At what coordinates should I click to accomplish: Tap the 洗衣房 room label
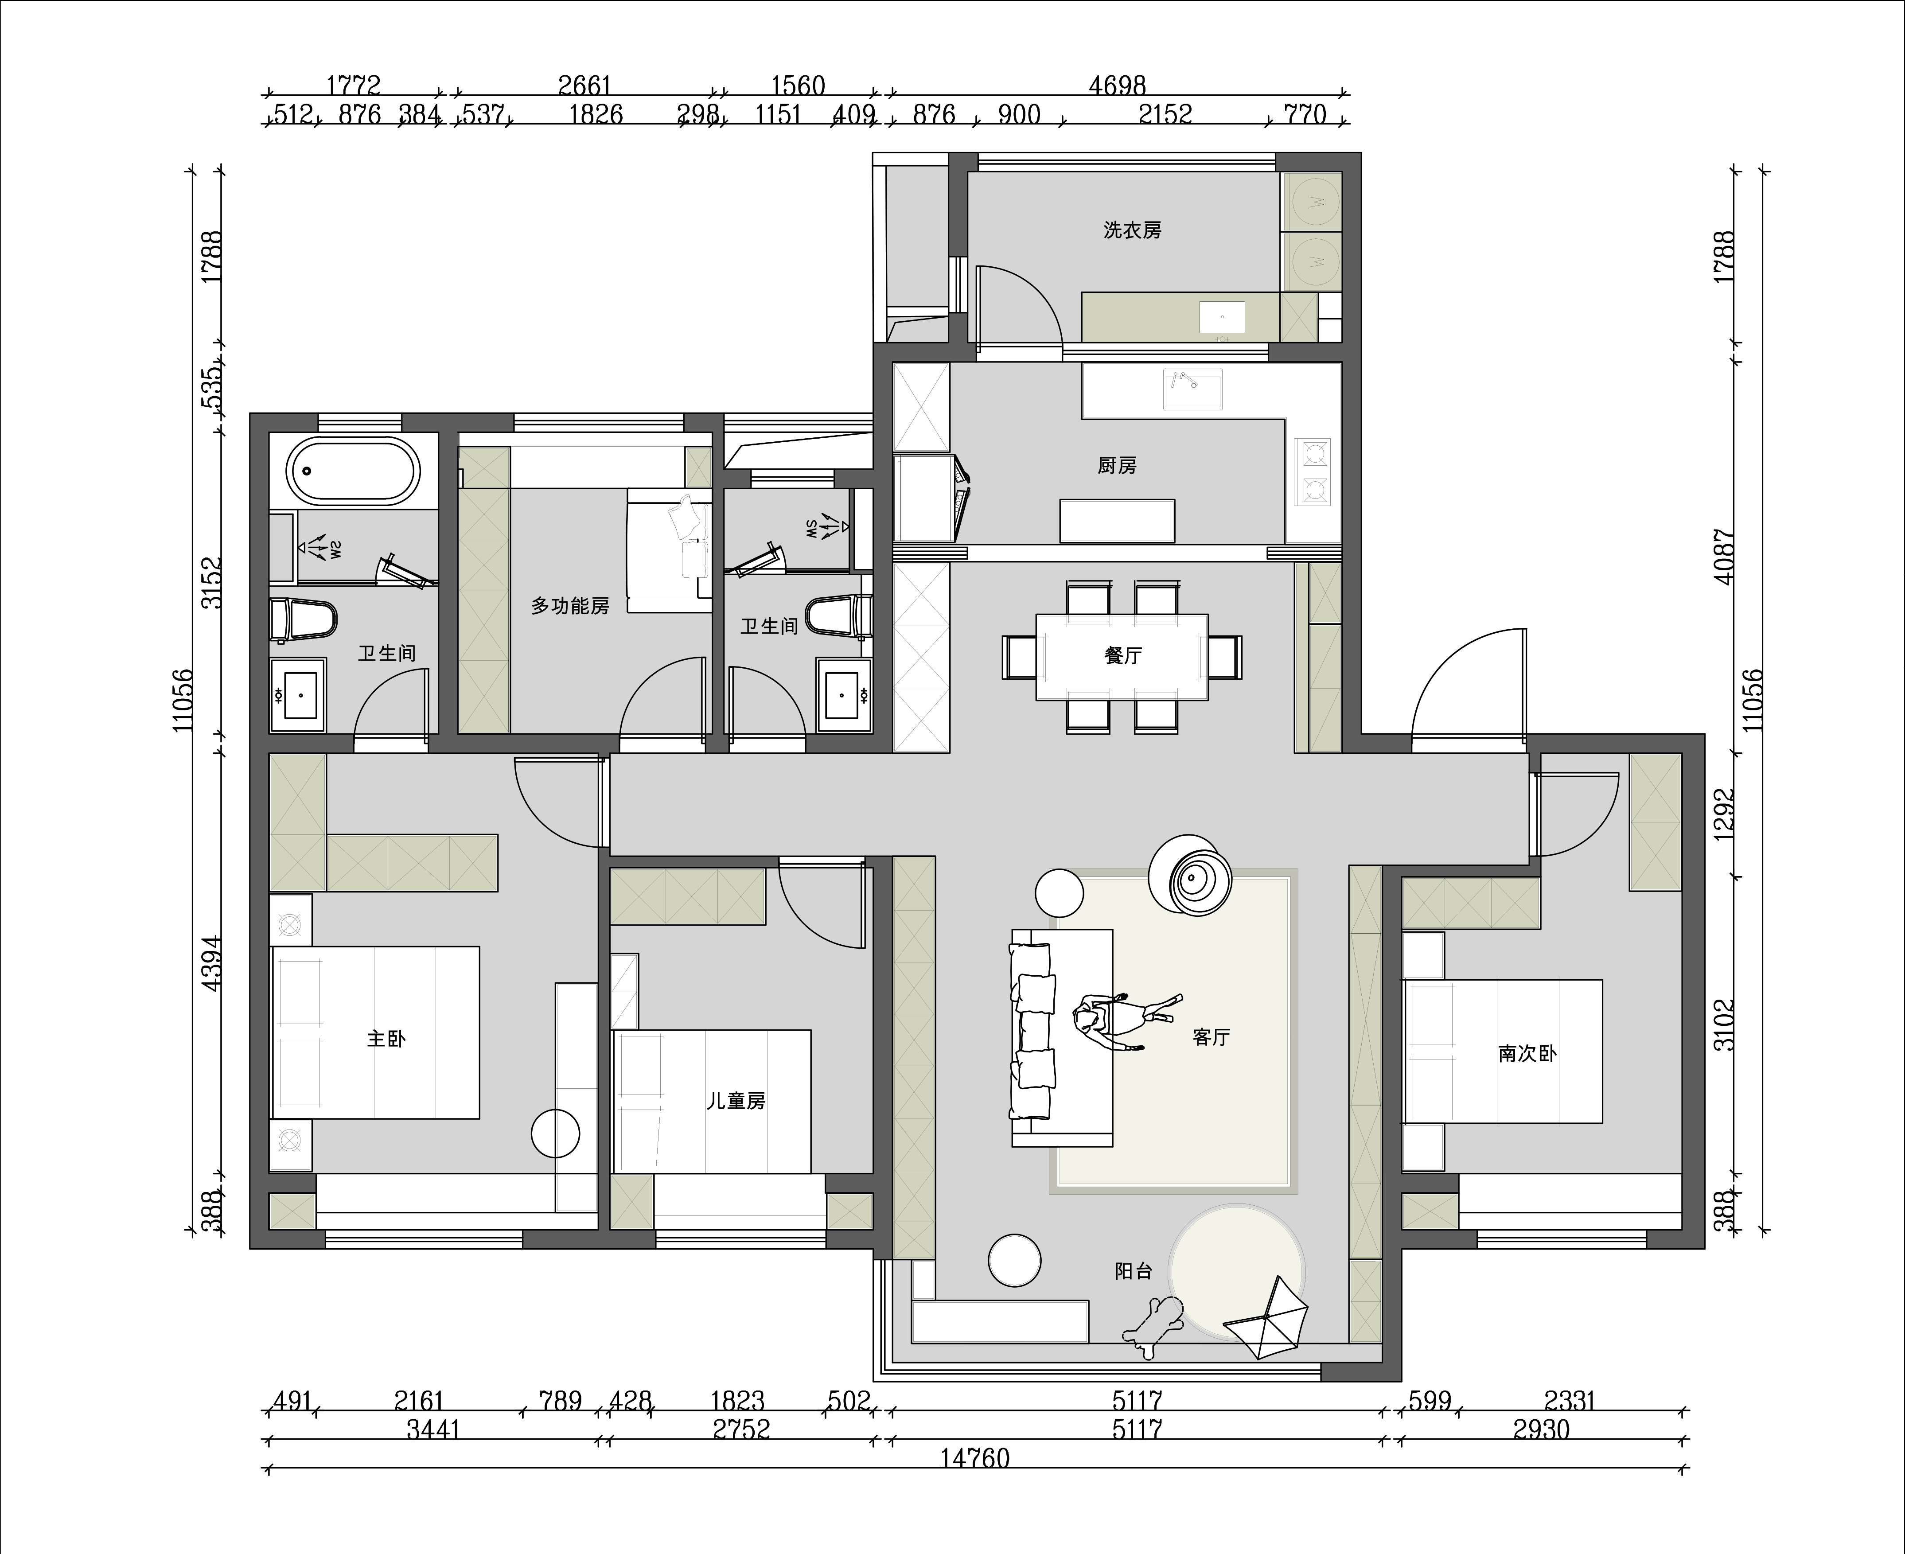[1133, 230]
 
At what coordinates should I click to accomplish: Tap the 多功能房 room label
[570, 606]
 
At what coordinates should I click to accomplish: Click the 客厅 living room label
[1211, 1036]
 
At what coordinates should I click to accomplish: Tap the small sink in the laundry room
[1222, 317]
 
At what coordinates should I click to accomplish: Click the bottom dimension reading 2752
[741, 1429]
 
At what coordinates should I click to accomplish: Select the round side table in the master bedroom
[556, 1133]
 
